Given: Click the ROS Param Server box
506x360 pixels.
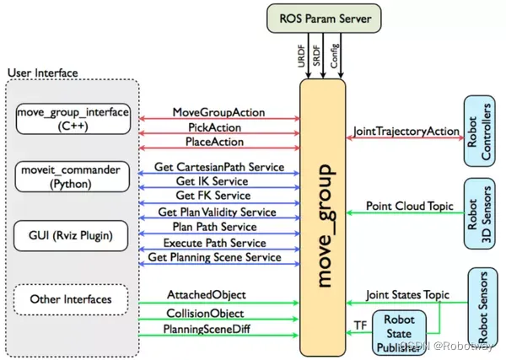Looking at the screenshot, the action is (324, 19).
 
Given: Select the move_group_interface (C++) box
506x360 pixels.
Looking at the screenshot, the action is (73, 119).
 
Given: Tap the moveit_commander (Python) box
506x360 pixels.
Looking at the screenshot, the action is (73, 177).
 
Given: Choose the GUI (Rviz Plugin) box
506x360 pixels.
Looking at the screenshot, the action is (71, 236).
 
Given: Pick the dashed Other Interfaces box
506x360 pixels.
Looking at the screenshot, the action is (71, 299).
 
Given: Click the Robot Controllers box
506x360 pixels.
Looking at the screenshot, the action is (480, 131).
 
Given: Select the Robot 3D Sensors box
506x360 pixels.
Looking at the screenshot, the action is (480, 213).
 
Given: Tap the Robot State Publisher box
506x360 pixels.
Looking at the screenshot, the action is (399, 333).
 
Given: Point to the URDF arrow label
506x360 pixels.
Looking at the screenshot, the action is (301, 56).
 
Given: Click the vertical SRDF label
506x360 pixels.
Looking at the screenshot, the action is (316, 56).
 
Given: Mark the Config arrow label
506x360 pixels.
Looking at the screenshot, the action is (334, 56).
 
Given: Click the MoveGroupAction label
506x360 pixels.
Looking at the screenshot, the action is (218, 112).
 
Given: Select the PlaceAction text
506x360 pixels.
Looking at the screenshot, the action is (214, 142).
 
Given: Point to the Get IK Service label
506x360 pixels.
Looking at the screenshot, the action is (212, 181).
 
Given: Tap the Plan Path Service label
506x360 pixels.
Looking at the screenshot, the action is (214, 227).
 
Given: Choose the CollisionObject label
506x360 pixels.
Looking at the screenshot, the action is (205, 314).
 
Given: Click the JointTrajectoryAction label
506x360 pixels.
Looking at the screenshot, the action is (406, 132).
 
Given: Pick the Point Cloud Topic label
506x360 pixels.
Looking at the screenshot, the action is (410, 206).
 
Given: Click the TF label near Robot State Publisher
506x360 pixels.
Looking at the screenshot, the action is (360, 325).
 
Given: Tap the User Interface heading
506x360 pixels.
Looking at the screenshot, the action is (43, 73).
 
